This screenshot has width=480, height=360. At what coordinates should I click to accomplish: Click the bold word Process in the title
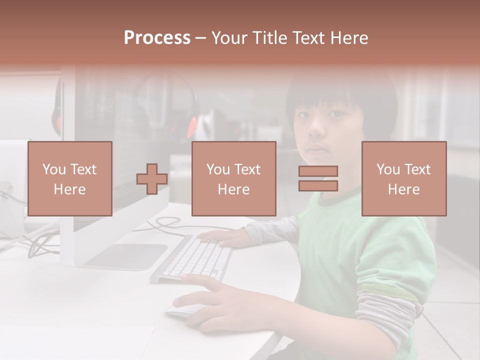click(x=157, y=37)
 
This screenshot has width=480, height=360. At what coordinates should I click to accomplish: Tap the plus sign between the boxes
click(x=152, y=179)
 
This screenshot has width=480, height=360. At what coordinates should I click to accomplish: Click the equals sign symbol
click(x=318, y=178)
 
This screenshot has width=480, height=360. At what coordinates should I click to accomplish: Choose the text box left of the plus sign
click(x=69, y=178)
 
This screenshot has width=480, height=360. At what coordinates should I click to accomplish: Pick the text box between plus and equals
click(x=233, y=178)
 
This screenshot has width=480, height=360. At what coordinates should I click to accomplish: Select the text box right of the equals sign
click(x=403, y=178)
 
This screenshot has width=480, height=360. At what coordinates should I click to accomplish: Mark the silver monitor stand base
click(x=125, y=256)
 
